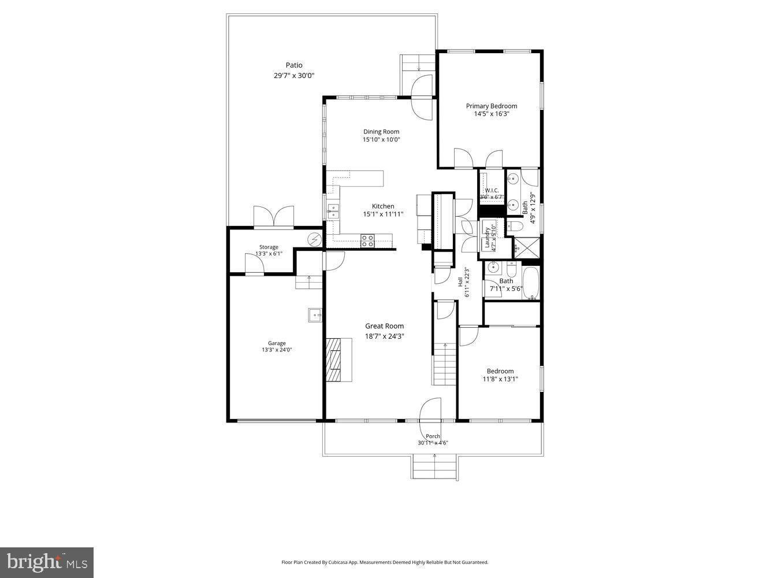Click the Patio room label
coord(293,65)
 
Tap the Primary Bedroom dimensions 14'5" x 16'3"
coord(492,114)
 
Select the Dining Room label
coord(381,132)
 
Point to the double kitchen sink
coord(333,210)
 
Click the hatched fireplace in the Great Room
coord(334,360)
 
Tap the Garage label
coord(277,343)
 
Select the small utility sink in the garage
coord(315,315)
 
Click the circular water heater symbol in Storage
coord(314,239)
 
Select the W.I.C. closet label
coord(492,191)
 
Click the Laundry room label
coord(488,237)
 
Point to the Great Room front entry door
coord(430,410)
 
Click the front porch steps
coord(434,466)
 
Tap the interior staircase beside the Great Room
coord(445,364)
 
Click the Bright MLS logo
coord(47,562)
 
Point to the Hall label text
coord(460,283)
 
